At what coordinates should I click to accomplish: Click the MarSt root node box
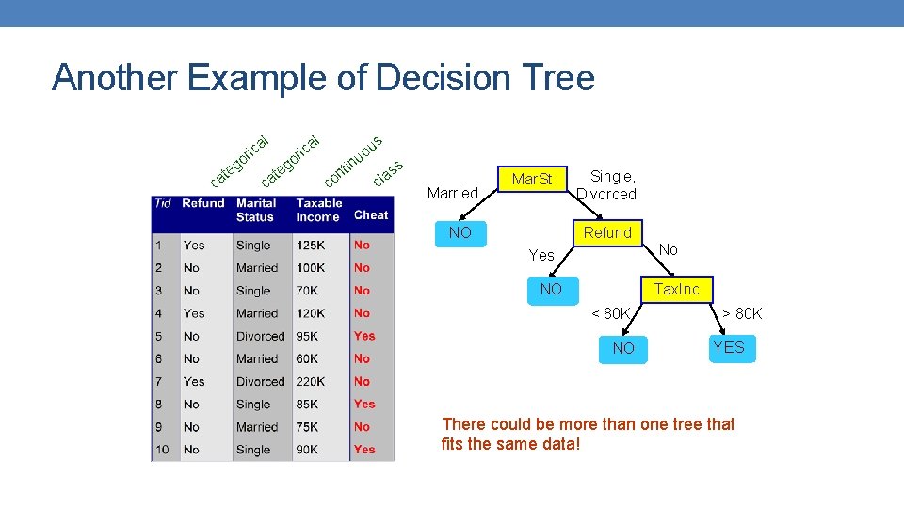[x=532, y=179]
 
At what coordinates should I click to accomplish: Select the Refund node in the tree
[x=607, y=232]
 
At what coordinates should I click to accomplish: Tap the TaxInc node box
[x=677, y=289]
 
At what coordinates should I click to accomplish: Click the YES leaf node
[x=728, y=347]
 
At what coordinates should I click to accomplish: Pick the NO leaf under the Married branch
[x=460, y=232]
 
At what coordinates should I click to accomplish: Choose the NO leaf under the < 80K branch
[x=623, y=348]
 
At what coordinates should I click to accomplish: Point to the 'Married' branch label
[x=453, y=193]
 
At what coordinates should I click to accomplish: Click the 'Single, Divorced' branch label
[x=607, y=184]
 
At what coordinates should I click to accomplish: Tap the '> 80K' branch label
[x=742, y=313]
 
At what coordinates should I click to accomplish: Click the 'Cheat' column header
[x=371, y=214]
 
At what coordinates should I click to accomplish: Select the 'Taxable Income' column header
[x=319, y=210]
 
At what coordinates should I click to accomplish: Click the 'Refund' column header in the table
[x=203, y=203]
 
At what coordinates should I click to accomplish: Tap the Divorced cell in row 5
[x=260, y=336]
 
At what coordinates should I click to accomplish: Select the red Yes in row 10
[x=364, y=450]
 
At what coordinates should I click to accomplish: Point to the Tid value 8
[x=159, y=404]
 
